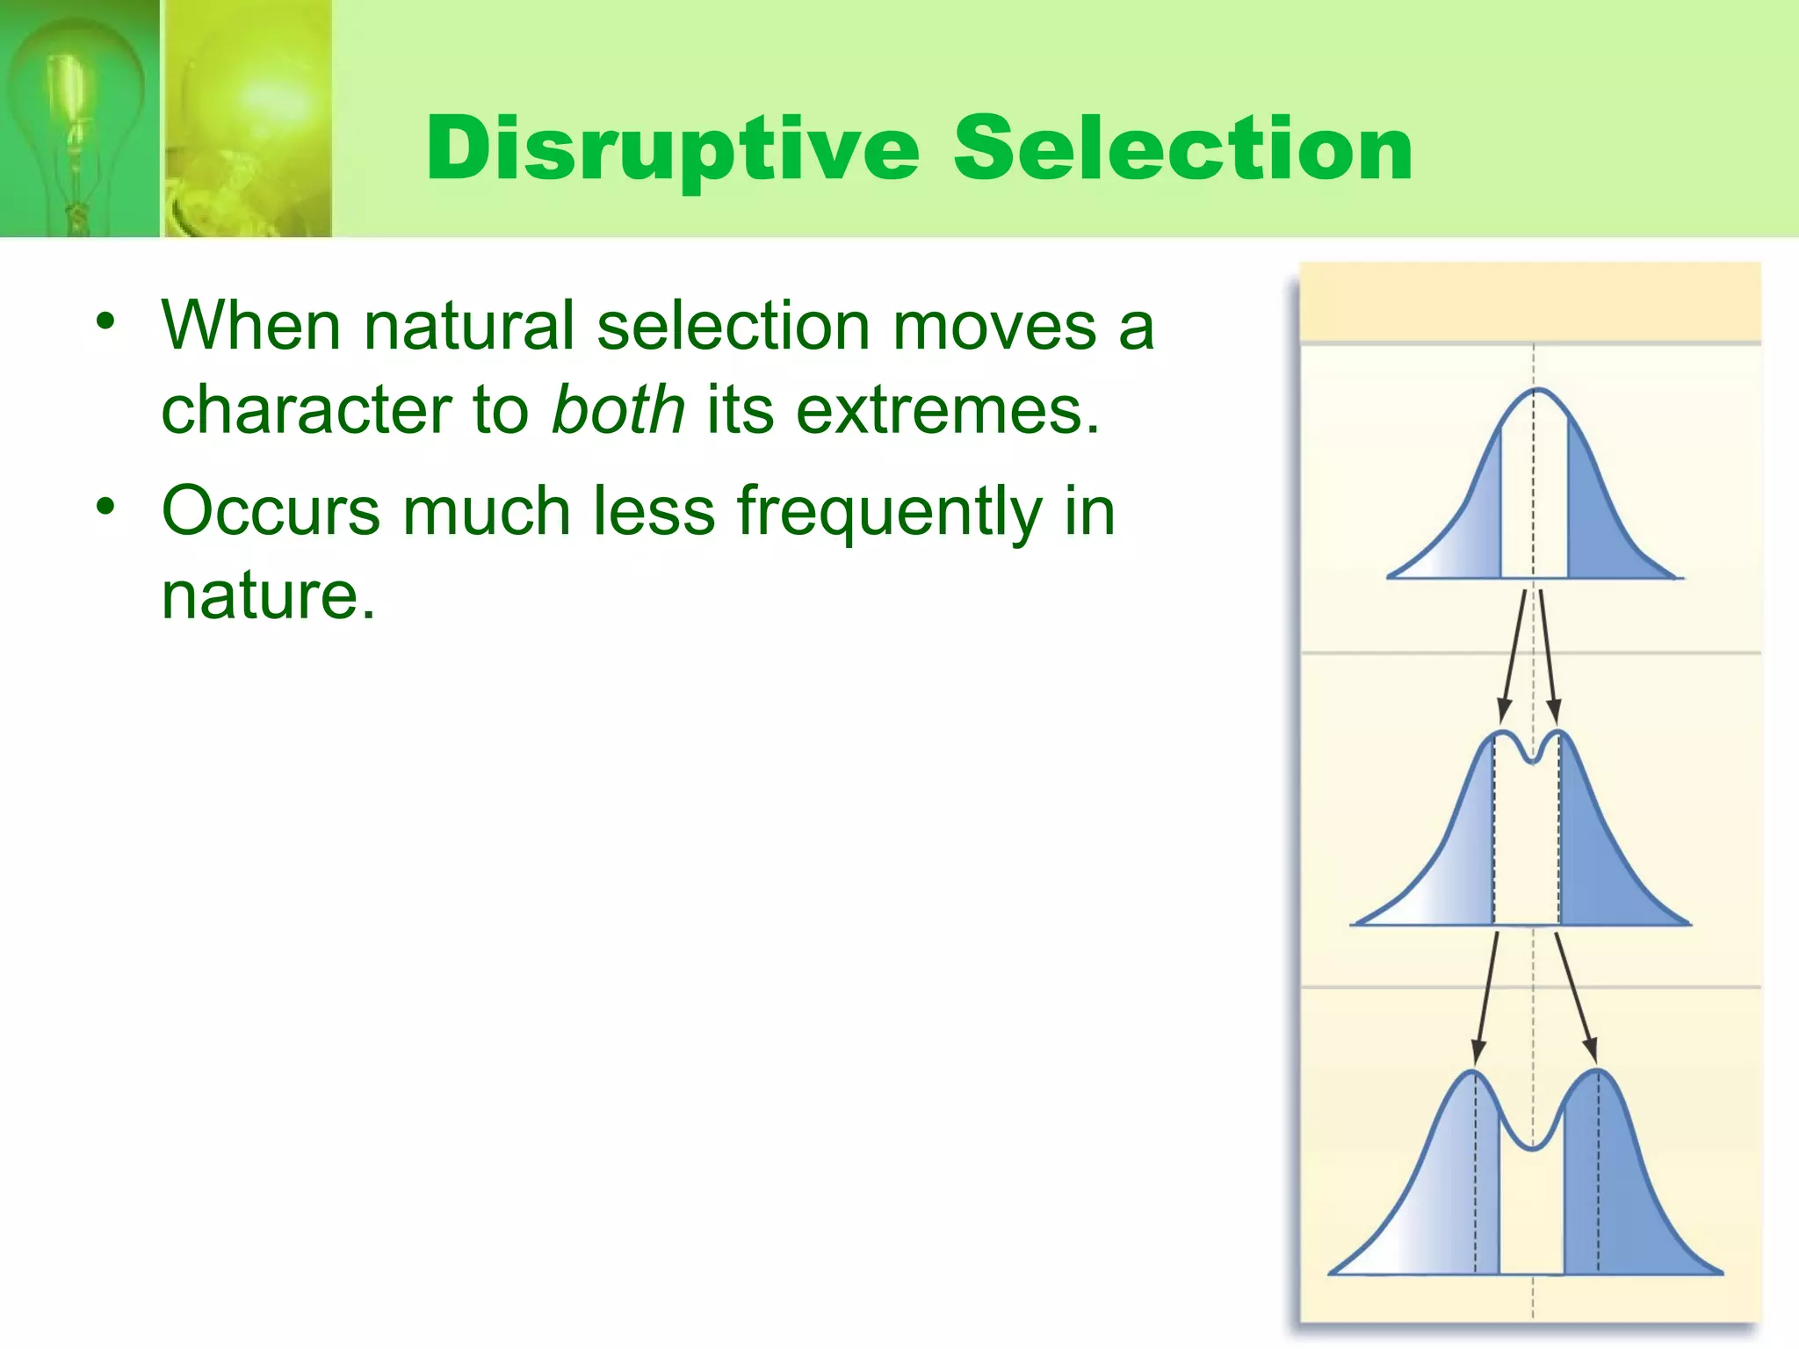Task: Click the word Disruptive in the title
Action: [672, 151]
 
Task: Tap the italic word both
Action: [618, 411]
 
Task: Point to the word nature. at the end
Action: [268, 595]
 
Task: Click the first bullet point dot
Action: [106, 321]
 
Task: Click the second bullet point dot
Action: [106, 507]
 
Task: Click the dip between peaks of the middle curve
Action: [1532, 761]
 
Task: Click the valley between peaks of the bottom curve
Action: [1532, 1147]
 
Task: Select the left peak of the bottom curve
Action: [1472, 1073]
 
